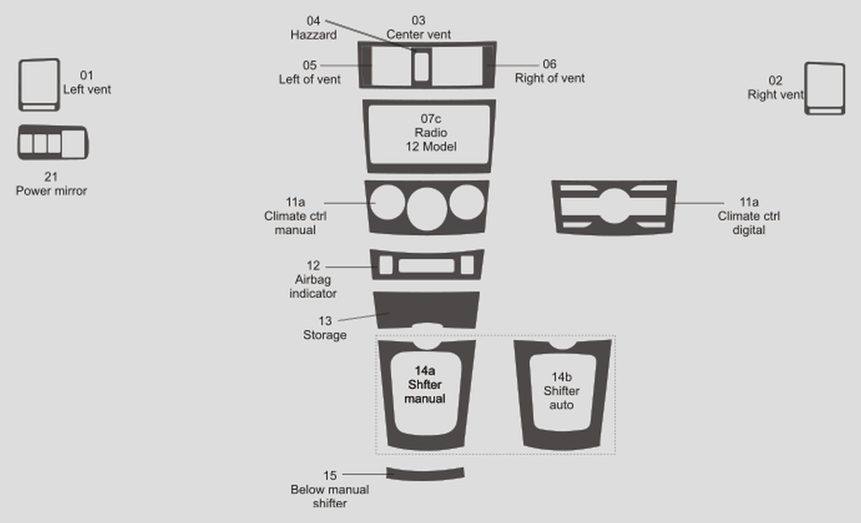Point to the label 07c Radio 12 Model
click(431, 133)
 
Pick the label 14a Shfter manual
click(425, 385)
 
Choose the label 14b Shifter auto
click(561, 391)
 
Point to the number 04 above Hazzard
click(313, 21)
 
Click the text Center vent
click(418, 35)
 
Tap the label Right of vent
click(549, 78)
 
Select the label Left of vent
click(309, 79)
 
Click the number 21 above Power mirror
click(51, 177)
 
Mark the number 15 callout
click(330, 475)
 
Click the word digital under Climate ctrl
click(748, 230)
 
